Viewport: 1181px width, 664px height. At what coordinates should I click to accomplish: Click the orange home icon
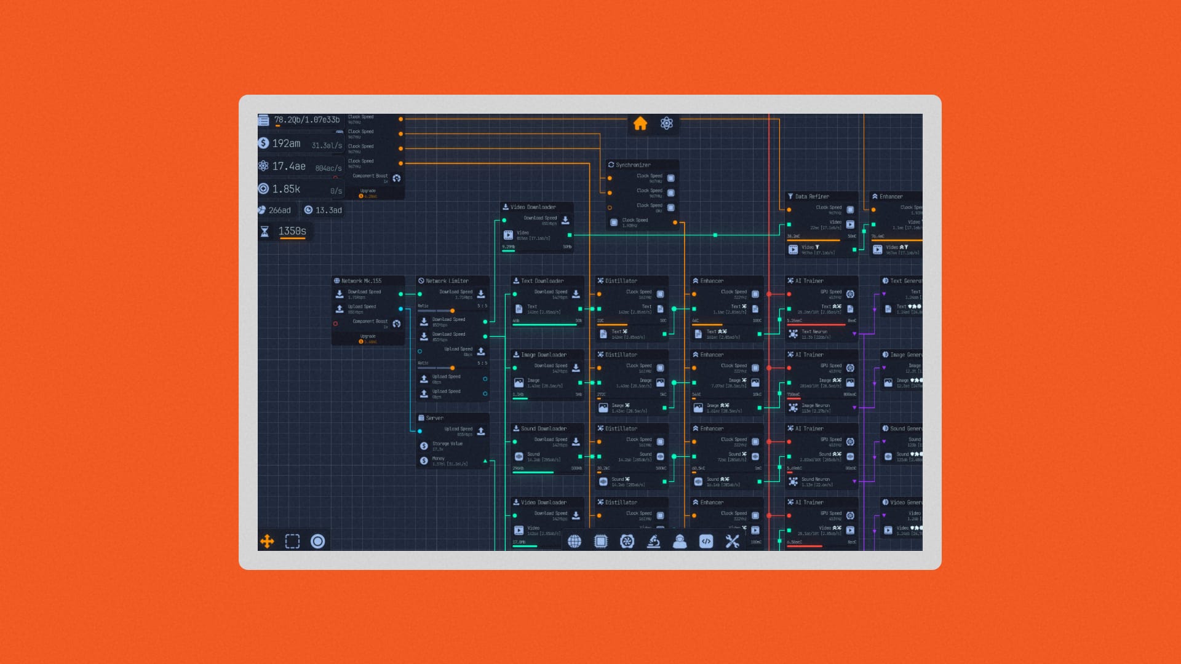[x=640, y=124]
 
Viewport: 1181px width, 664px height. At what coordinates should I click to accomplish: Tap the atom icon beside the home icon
[x=667, y=124]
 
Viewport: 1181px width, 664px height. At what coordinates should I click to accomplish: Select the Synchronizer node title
[x=633, y=165]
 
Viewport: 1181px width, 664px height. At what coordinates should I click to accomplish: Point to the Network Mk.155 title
[x=361, y=281]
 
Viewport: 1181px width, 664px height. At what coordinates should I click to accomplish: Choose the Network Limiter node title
[x=447, y=281]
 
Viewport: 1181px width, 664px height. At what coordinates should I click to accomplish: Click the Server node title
[x=434, y=418]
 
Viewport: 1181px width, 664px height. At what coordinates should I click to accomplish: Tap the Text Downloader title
[x=543, y=281]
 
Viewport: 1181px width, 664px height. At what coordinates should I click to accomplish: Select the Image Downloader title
[x=543, y=355]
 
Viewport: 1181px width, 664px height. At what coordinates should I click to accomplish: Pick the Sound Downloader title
[x=543, y=429]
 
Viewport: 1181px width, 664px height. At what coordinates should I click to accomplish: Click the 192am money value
[x=286, y=143]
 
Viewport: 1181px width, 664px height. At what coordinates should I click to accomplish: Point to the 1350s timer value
[x=292, y=231]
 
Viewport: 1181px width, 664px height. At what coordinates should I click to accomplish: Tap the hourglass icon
[x=264, y=231]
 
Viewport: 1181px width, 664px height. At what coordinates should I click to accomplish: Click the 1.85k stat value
[x=286, y=189]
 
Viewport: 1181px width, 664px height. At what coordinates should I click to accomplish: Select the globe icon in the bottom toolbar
[x=575, y=541]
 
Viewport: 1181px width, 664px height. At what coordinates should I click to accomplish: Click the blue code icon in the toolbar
[x=706, y=541]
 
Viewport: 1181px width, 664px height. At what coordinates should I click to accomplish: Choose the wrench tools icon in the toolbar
[x=732, y=541]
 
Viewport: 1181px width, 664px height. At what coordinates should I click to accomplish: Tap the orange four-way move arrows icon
[x=267, y=541]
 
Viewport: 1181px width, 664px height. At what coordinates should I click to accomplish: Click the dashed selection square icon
[x=292, y=541]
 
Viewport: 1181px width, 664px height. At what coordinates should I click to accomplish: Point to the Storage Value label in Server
[x=447, y=443]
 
